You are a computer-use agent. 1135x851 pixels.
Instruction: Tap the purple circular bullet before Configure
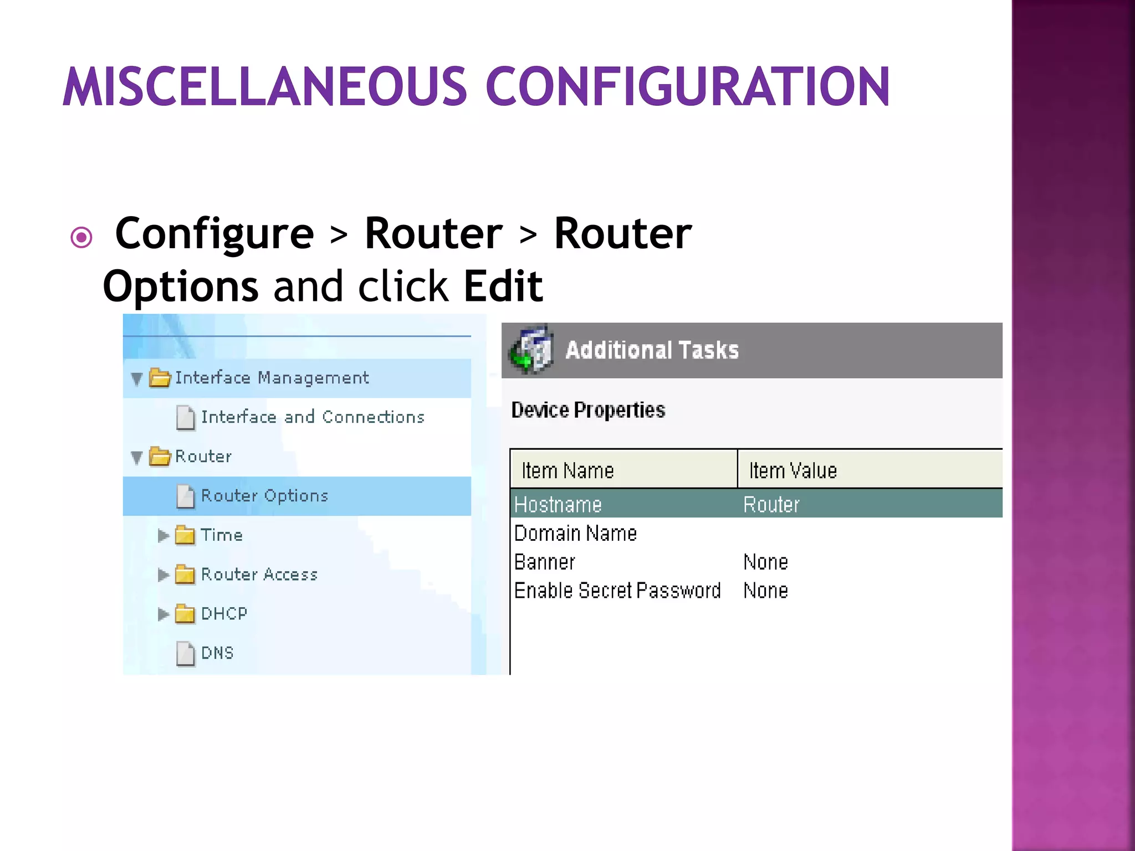point(81,238)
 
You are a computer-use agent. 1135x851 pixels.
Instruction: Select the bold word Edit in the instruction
point(503,286)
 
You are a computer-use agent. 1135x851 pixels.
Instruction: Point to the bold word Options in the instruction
point(181,286)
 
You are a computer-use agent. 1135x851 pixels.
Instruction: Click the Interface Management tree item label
point(272,378)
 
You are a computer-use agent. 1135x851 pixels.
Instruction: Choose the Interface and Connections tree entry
point(313,417)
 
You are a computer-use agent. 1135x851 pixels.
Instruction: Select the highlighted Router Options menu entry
point(264,496)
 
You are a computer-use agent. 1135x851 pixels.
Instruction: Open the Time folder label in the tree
point(222,535)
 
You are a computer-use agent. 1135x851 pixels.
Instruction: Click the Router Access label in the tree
point(259,575)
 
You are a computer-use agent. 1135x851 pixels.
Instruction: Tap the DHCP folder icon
point(185,614)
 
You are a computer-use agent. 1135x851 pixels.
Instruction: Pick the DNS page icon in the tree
point(186,653)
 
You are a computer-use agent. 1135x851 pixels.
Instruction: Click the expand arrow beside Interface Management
point(137,379)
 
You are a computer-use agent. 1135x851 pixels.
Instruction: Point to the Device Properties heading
point(588,410)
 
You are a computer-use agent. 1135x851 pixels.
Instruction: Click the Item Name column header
point(567,470)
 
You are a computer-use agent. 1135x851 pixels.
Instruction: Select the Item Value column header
point(793,470)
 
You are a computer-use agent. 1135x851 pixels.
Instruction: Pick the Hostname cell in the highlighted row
point(558,505)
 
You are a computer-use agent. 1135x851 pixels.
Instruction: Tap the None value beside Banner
point(765,562)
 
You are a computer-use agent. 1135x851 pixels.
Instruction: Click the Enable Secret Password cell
point(617,591)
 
